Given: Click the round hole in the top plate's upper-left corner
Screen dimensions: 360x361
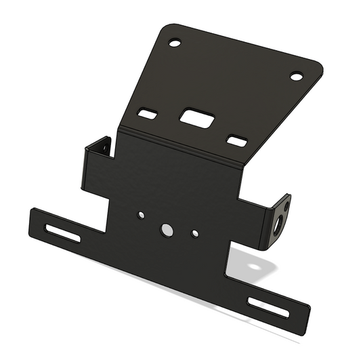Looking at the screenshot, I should (x=175, y=43).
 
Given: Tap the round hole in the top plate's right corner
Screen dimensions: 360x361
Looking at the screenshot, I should (x=296, y=76).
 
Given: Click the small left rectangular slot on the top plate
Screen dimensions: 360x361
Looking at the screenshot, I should (x=148, y=113).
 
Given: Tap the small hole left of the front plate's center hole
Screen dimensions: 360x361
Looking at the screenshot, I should (x=141, y=215).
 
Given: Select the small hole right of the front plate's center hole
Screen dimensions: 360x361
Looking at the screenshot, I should (x=195, y=234).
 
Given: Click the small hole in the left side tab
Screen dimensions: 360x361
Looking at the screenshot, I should (x=105, y=146).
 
